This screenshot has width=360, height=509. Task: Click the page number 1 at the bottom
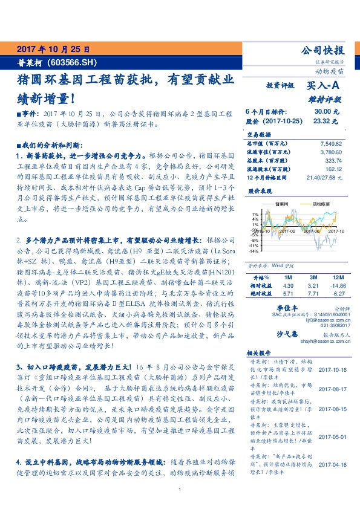pos(180,490)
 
